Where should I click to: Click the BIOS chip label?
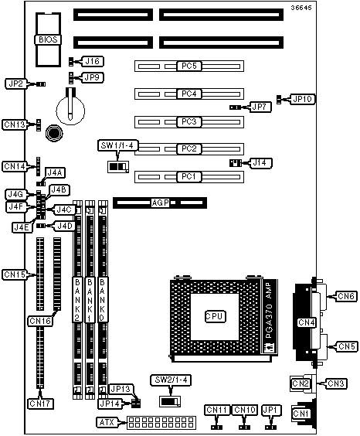click(48, 39)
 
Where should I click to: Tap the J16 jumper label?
click(93, 61)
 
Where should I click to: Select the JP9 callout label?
click(93, 77)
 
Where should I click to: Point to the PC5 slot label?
click(189, 66)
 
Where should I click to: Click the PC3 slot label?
click(189, 122)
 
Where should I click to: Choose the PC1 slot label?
click(189, 176)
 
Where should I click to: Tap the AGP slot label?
click(160, 203)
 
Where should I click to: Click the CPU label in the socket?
click(215, 316)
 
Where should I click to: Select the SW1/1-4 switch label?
click(119, 145)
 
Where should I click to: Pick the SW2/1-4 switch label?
click(171, 380)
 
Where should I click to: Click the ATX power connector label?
click(107, 422)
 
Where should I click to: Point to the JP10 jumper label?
click(303, 99)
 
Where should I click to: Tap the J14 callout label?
click(260, 162)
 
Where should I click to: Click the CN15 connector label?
click(15, 274)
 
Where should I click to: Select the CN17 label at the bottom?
click(41, 404)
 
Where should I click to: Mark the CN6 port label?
click(346, 296)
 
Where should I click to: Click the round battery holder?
click(70, 111)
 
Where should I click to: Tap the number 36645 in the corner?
click(301, 8)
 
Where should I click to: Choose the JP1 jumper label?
click(272, 410)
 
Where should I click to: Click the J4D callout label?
click(65, 226)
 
